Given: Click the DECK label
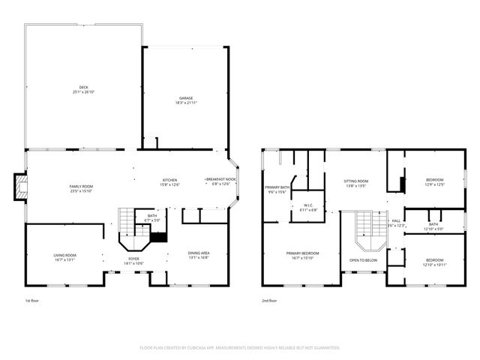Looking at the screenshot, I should (x=83, y=89).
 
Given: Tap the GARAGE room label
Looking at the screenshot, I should (x=186, y=100).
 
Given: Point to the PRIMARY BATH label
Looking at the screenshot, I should (x=276, y=189).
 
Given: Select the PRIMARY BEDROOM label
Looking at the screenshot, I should (x=303, y=255).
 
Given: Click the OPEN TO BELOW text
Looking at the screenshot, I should (x=363, y=261).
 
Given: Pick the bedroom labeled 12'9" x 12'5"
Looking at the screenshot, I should (x=434, y=181).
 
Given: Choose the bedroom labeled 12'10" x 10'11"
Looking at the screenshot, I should (x=434, y=262).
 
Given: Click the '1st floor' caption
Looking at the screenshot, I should (x=33, y=301).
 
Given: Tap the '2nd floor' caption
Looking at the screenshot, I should (x=268, y=301).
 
